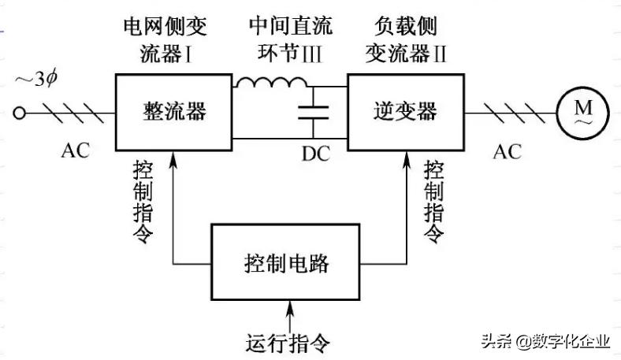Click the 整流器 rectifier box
coord(175,112)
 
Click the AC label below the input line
coord(78,150)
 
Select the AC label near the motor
coord(507,150)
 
